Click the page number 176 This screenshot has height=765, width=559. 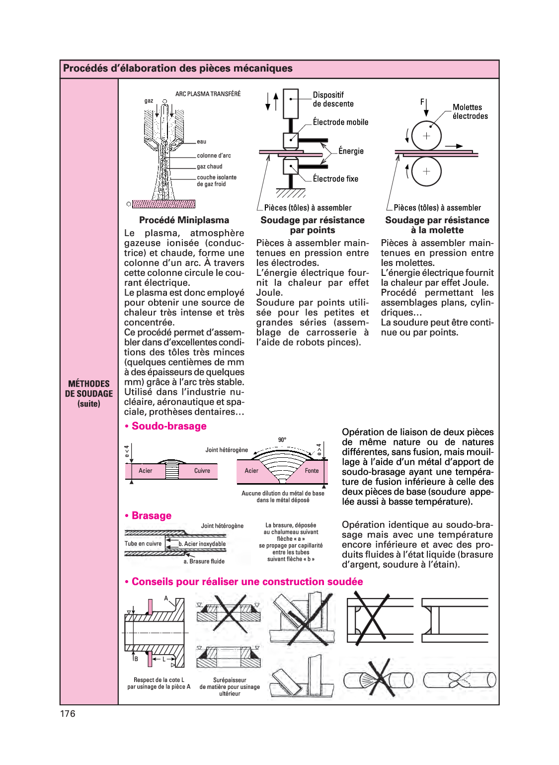pos(68,714)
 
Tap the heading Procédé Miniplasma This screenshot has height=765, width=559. pos(184,220)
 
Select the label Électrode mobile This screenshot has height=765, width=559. pos(340,122)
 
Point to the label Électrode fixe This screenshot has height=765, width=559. pos(335,179)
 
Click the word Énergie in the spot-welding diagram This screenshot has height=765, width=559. pos(351,151)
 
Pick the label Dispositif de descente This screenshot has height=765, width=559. pos(333,99)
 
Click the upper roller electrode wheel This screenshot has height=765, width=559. pos(426,136)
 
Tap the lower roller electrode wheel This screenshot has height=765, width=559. pos(426,171)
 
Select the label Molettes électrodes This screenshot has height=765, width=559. pos(470,112)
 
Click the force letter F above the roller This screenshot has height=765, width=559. pos(422,102)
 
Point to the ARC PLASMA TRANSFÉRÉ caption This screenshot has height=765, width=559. pos(208,94)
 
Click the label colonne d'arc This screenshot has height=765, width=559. pos(214,156)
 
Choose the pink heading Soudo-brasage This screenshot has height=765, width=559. pos(168,426)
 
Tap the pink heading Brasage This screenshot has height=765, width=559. pos(151,515)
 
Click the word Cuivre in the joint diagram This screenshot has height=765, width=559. pos(202,471)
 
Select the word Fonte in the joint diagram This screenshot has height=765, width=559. pos(312,471)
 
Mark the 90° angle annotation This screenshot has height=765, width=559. pos(282,440)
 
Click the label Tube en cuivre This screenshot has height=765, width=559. pos(143,544)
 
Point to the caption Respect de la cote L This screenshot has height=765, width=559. pos(159,680)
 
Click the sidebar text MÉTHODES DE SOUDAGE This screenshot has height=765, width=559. pos(89,389)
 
